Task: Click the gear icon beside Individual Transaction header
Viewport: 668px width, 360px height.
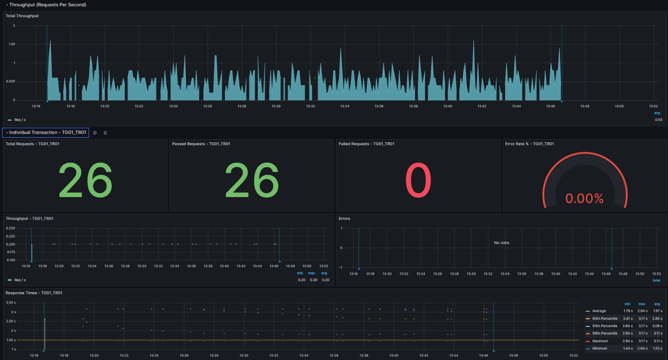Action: point(95,133)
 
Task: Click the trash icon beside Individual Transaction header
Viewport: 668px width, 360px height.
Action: point(105,133)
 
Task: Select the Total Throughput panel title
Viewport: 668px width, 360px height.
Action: point(22,16)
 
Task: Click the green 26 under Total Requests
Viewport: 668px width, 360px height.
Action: point(85,180)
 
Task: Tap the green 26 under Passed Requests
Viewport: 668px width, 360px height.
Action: point(252,180)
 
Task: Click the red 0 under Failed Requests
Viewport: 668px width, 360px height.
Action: point(418,180)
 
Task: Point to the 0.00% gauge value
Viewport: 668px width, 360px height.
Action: point(584,199)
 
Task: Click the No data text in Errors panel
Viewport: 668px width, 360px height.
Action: point(501,243)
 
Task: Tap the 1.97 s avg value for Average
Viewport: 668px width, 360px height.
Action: point(657,311)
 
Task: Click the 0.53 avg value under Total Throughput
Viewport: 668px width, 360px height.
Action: point(658,120)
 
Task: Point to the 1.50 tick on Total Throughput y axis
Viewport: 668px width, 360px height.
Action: point(12,44)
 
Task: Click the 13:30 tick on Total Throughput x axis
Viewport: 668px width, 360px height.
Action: point(276,106)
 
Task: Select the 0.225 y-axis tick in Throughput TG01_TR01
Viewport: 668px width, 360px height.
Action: point(11,236)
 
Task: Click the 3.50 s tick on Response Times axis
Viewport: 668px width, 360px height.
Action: point(11,303)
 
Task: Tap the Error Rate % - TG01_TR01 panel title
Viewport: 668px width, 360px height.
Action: point(530,144)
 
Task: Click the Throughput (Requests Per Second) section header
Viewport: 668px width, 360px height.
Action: point(48,5)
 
